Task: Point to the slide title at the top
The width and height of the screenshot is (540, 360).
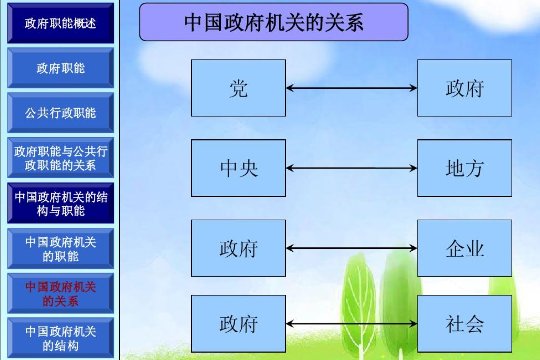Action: [x=273, y=21]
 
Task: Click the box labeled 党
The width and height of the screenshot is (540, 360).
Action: [x=238, y=88]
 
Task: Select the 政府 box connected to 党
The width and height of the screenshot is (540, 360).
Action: [x=464, y=88]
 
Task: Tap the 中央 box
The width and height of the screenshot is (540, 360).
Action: [x=238, y=168]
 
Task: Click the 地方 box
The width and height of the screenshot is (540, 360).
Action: [x=464, y=168]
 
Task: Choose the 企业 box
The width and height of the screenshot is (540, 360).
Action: [x=464, y=247]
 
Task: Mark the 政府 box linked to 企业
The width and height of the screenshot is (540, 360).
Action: [x=238, y=247]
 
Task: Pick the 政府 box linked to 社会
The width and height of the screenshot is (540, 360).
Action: [x=238, y=323]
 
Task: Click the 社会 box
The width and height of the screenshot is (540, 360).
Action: [x=464, y=323]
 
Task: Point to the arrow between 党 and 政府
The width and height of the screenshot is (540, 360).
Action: [x=351, y=88]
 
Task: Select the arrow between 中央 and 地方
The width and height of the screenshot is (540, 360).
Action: [x=351, y=168]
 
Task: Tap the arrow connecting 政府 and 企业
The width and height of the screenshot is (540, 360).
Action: [x=351, y=247]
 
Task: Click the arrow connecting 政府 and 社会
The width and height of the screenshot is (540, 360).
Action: [x=351, y=323]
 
